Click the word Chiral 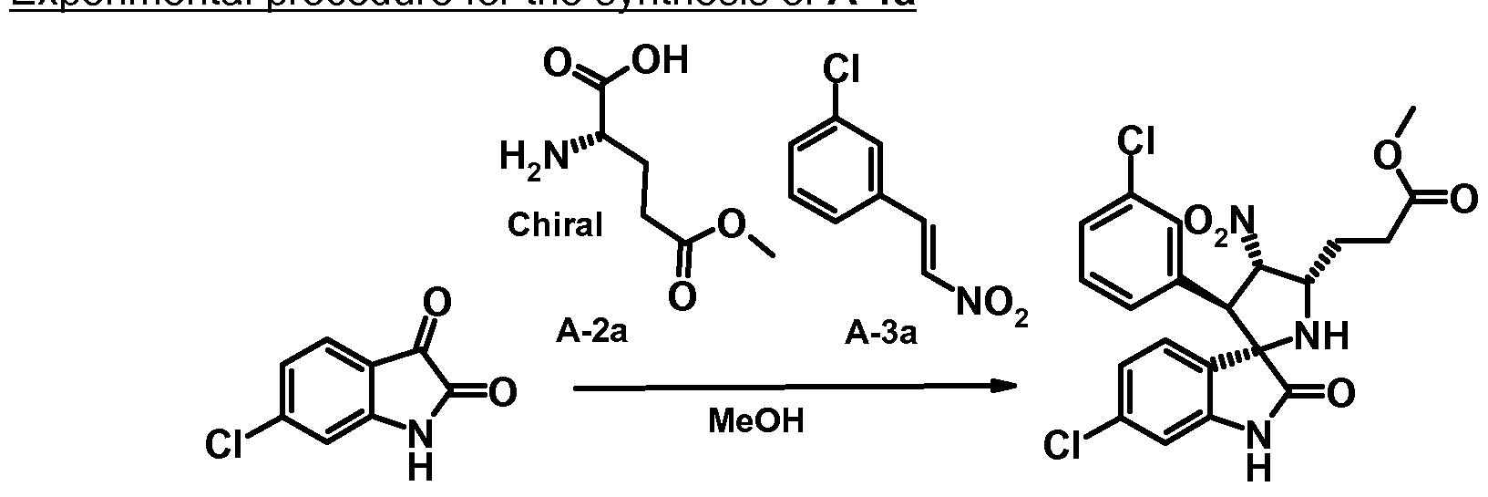[555, 224]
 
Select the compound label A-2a [591, 334]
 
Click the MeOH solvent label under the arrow [756, 421]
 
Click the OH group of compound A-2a [658, 61]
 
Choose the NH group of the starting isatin [418, 451]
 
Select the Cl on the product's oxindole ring [1062, 444]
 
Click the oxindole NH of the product [1258, 451]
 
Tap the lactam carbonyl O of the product [1340, 395]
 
